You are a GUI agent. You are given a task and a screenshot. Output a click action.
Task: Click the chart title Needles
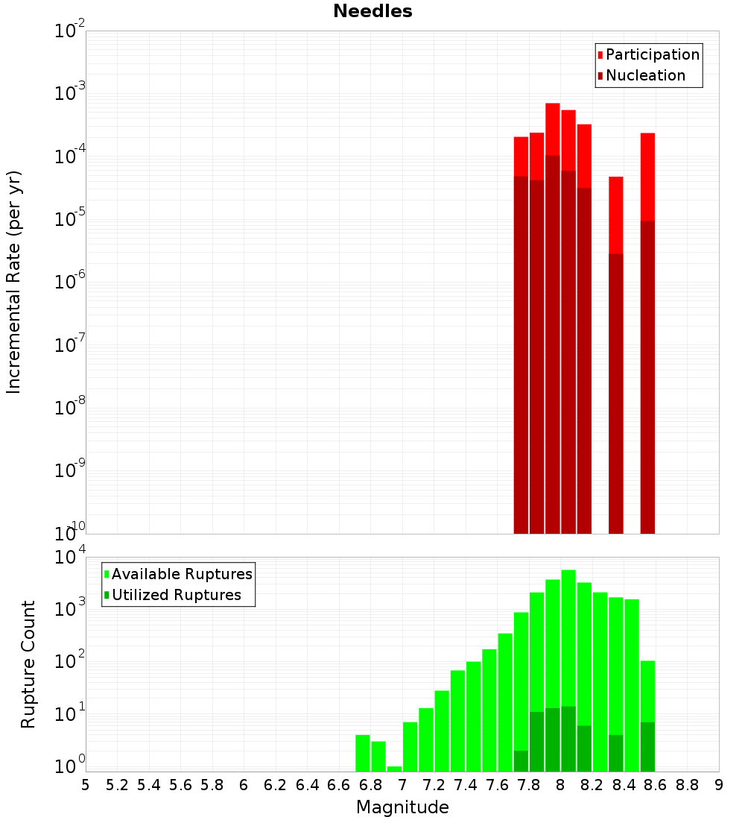click(x=372, y=11)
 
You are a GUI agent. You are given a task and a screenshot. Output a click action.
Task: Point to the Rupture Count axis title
click(x=28, y=663)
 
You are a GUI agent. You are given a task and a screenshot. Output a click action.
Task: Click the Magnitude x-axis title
click(x=402, y=807)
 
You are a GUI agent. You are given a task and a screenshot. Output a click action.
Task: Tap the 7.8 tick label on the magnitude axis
click(x=529, y=785)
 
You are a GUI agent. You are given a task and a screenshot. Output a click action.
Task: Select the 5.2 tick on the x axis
click(x=117, y=785)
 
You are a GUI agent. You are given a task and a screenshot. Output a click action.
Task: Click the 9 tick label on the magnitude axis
click(x=719, y=785)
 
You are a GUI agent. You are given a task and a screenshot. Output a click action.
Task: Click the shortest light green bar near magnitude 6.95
click(x=395, y=769)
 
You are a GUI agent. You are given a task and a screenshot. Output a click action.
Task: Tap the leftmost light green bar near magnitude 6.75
click(x=363, y=753)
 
